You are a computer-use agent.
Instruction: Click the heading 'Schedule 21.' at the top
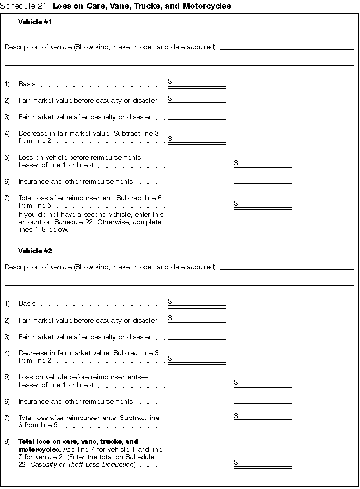pos(25,6)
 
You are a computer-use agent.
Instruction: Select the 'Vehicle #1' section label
pos(35,22)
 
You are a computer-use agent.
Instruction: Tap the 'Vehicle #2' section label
pos(35,251)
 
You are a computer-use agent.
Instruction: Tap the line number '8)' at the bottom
pos(7,441)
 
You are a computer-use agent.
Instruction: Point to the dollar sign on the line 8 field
pos(236,462)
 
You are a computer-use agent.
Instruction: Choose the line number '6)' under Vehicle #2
pos(7,401)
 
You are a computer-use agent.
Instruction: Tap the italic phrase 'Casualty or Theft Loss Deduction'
pos(82,464)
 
